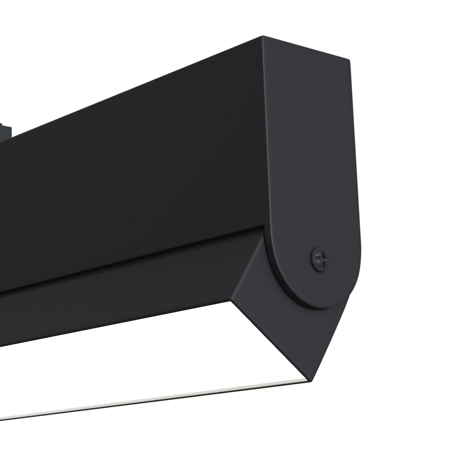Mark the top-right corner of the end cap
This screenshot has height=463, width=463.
[348, 60]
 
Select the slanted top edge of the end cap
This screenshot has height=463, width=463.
[305, 48]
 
